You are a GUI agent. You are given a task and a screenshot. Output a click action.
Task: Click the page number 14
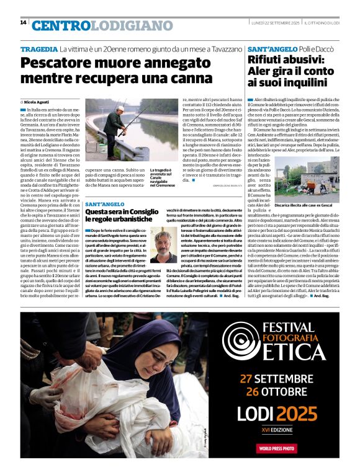tap(23, 23)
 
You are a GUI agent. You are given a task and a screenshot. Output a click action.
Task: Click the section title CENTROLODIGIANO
tap(94, 25)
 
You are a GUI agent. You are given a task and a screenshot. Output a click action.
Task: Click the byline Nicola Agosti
tap(38, 101)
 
